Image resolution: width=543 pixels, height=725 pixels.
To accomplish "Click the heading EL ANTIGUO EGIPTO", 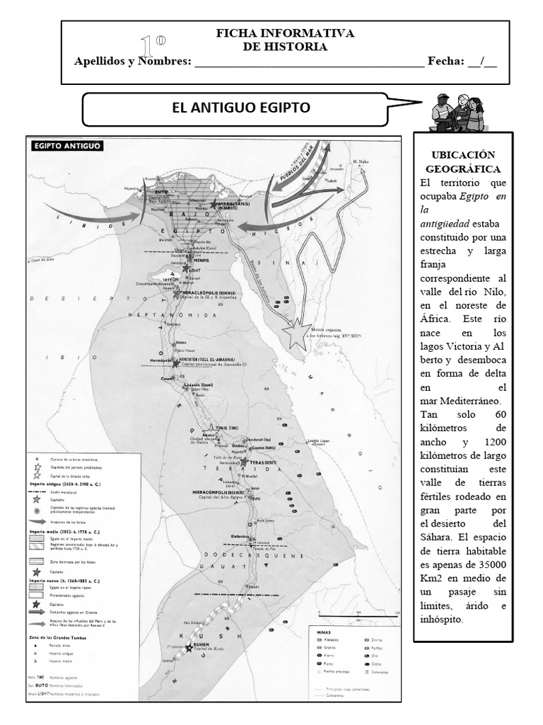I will pos(242,108).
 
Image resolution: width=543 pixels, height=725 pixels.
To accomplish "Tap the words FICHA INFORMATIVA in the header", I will pos(285,33).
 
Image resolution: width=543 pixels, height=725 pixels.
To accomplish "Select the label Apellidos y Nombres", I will pos(132,61).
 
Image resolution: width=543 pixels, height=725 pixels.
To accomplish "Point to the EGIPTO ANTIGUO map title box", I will pos(66,147).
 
